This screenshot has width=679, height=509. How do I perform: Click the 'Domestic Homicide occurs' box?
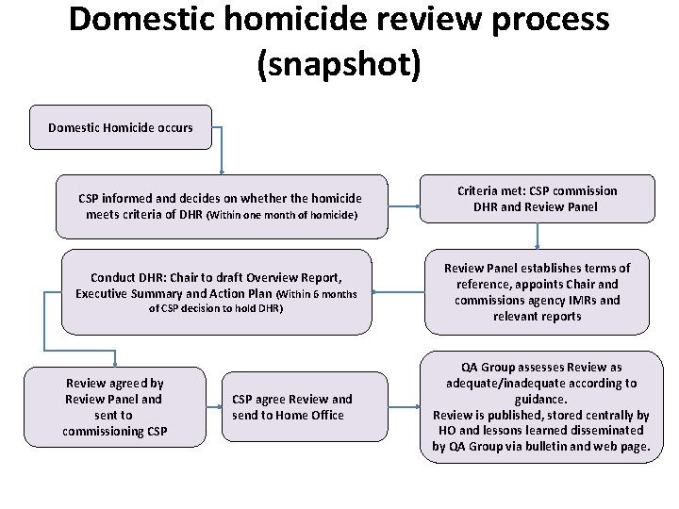[x=120, y=127]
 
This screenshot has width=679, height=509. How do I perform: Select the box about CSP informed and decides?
[x=221, y=206]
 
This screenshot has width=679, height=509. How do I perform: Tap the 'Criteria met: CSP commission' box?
[x=537, y=199]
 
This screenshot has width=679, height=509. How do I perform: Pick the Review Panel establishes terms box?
[x=537, y=292]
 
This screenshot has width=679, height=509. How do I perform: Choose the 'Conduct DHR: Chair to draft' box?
[x=216, y=291]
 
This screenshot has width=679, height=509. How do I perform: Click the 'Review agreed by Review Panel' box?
[x=114, y=406]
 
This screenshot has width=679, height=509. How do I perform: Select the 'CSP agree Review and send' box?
[x=292, y=407]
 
